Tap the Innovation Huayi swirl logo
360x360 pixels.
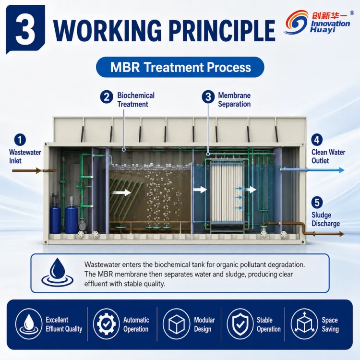pos(296,22)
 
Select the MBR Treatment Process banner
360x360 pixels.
pos(180,67)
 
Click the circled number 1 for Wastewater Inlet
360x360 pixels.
pos(20,140)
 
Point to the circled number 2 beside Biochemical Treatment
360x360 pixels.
pos(107,96)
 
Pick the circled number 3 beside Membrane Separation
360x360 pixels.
pos(208,96)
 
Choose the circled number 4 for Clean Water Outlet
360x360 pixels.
pos(317,140)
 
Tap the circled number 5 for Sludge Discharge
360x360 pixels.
pos(317,203)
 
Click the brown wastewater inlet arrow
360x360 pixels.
pos(26,170)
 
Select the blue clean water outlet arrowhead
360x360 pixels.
pos(341,170)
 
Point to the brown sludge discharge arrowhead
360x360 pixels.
pos(341,234)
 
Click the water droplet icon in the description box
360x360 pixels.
pos(58,272)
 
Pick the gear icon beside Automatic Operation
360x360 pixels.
pos(106,324)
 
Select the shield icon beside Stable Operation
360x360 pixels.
pos(240,324)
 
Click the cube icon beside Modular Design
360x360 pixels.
pos(176,324)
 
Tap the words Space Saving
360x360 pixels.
pos(330,324)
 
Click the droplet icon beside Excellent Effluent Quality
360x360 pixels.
pos(29,324)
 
